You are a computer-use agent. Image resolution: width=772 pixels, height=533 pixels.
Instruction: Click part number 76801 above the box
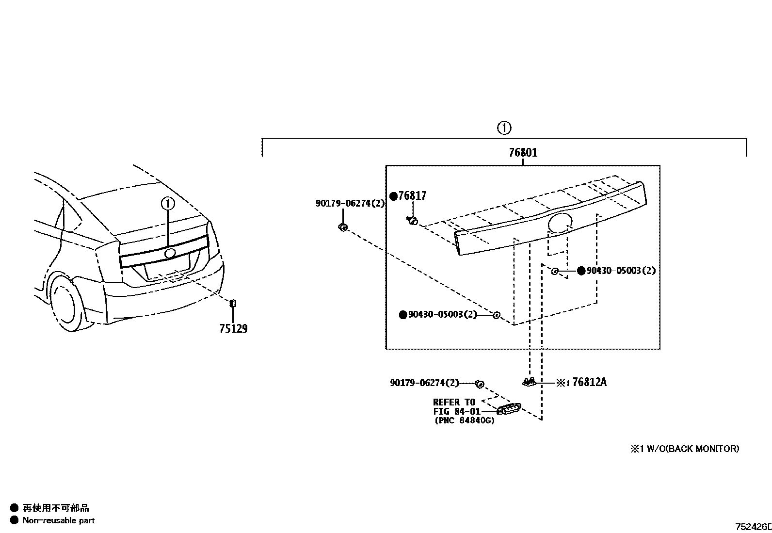point(523,153)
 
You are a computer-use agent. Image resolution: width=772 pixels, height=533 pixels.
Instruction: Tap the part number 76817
point(412,196)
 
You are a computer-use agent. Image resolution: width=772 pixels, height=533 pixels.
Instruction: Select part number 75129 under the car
point(233,329)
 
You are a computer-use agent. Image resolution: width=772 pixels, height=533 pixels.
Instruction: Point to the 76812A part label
point(589,382)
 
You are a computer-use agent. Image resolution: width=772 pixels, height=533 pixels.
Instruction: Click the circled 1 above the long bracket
point(504,128)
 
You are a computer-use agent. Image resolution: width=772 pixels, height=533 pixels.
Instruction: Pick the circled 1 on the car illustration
point(167,204)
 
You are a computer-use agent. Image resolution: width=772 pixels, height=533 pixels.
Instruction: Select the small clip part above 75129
point(233,304)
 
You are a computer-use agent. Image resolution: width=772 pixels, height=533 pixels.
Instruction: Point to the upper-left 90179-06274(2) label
point(350,204)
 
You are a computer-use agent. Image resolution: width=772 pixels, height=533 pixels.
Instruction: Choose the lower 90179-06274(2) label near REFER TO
point(424,383)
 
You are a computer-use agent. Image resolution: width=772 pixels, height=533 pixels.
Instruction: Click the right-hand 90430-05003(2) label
point(621,271)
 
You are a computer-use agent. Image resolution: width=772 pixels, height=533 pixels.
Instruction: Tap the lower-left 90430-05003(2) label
point(442,315)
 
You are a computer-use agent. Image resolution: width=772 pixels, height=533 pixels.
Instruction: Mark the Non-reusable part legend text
point(59,520)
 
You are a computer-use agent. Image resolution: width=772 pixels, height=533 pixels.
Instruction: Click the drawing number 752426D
point(753,527)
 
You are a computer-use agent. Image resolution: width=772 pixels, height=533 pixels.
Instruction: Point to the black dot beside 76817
point(394,196)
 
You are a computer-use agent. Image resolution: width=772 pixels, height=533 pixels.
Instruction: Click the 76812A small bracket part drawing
point(529,382)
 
